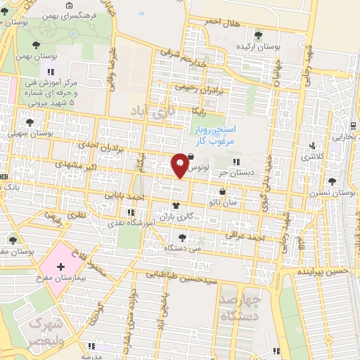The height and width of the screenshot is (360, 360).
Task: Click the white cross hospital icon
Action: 60,266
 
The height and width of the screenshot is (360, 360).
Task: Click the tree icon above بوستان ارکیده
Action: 259,34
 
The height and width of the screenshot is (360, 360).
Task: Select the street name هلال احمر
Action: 222,22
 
